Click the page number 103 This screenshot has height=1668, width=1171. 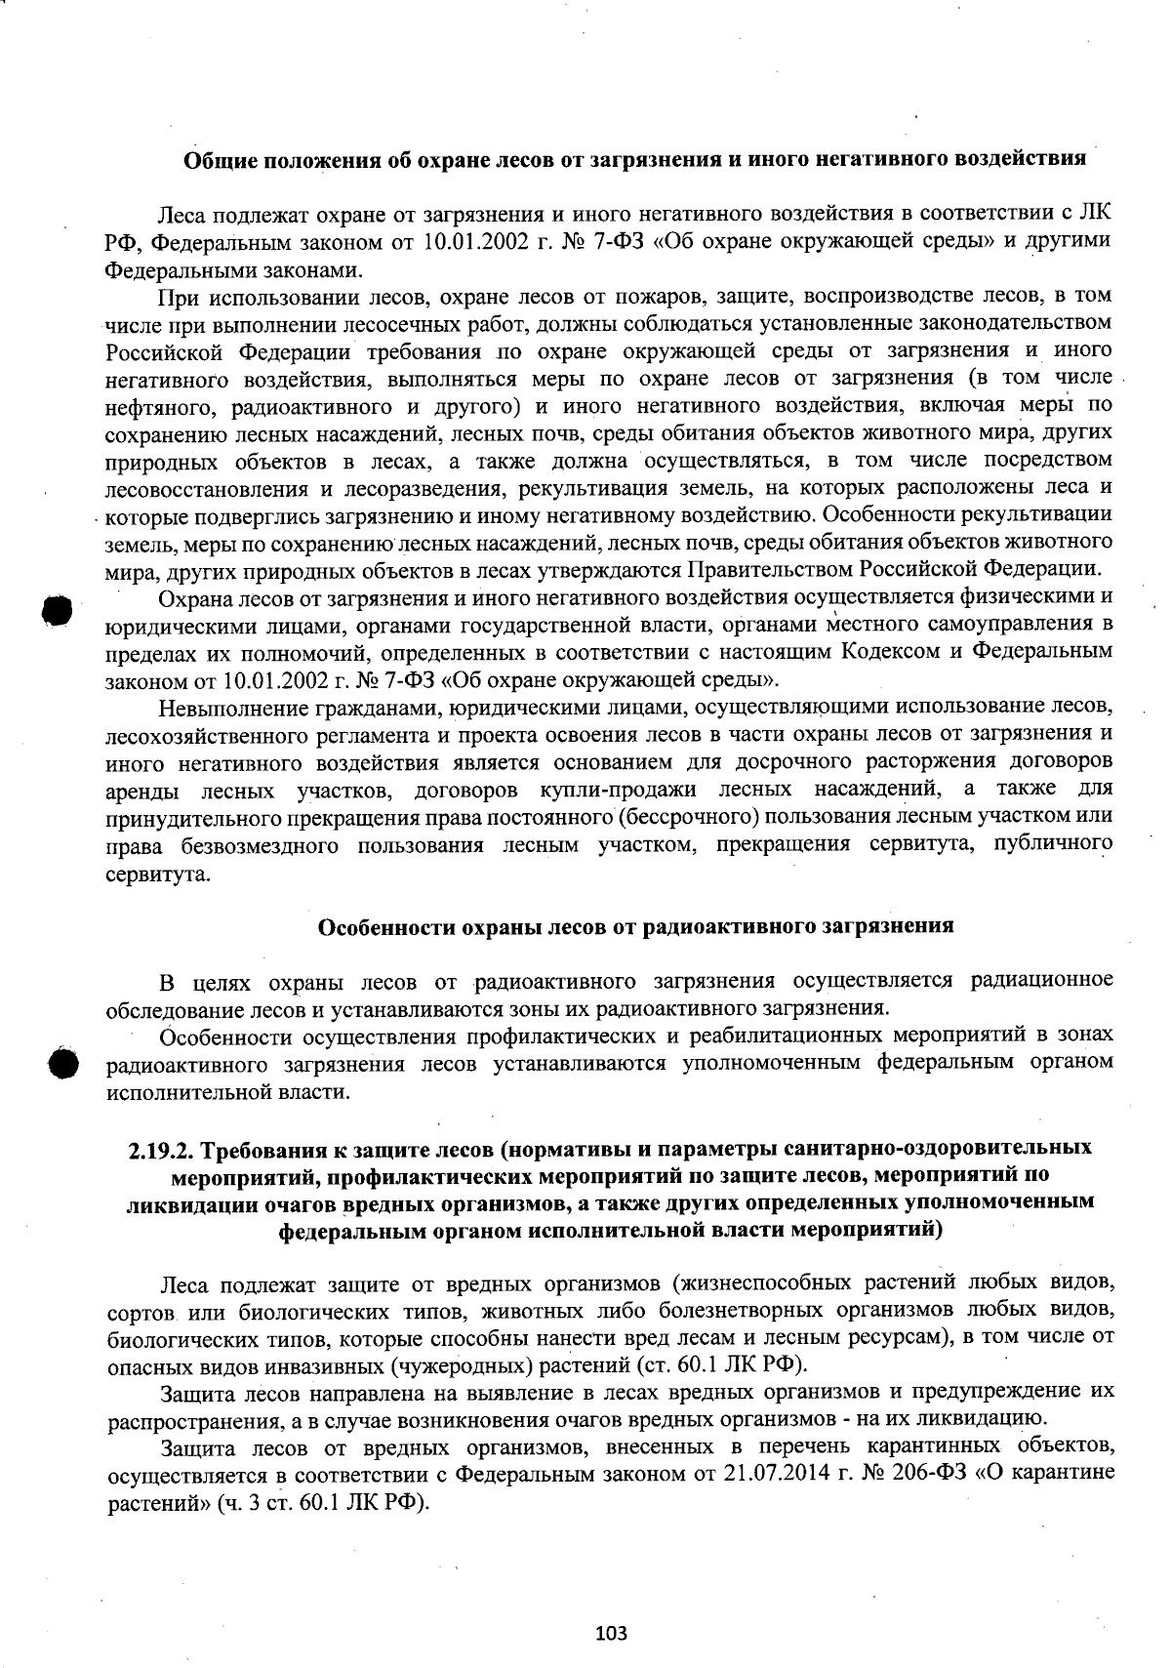[x=611, y=1633]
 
